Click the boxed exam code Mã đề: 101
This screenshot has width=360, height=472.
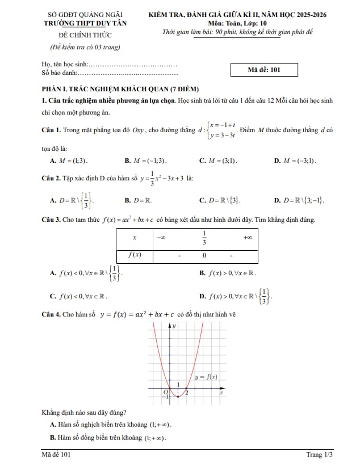pos(264,70)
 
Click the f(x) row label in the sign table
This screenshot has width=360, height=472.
pos(134,255)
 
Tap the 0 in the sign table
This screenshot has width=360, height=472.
pos(204,256)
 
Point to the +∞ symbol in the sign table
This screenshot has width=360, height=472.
pos(248,238)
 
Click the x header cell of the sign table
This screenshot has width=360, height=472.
pos(134,238)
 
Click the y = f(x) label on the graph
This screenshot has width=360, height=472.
pos(206,377)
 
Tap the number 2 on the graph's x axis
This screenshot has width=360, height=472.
pos(187,393)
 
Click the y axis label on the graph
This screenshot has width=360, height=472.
pos(174,326)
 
